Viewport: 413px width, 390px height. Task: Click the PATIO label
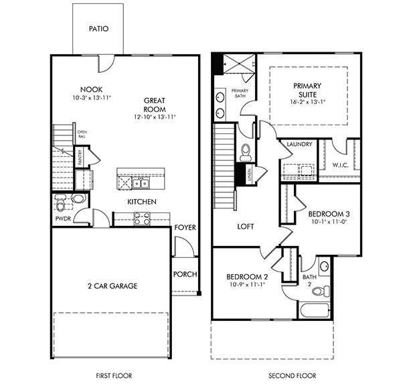click(x=98, y=29)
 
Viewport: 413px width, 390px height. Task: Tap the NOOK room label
click(x=91, y=90)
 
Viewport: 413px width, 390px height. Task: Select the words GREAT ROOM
click(x=154, y=105)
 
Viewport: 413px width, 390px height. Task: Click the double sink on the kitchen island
click(x=141, y=183)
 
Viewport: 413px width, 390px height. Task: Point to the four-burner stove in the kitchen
click(x=142, y=217)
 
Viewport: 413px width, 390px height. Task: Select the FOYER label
click(x=185, y=228)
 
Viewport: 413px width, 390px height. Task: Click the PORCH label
click(x=185, y=274)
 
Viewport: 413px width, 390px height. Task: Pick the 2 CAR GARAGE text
click(x=112, y=286)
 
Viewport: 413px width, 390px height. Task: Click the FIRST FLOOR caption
click(x=108, y=376)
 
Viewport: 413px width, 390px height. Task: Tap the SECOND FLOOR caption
click(x=292, y=376)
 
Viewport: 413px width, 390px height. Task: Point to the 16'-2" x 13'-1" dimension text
click(x=307, y=103)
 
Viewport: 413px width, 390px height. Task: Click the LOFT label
click(x=246, y=226)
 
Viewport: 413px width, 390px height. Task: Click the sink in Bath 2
click(x=324, y=267)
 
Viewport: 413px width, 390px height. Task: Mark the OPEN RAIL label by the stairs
click(x=82, y=134)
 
